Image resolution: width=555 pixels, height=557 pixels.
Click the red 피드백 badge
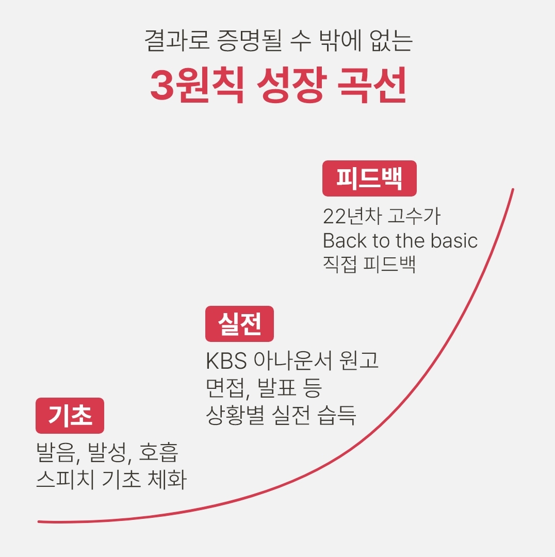[x=369, y=178]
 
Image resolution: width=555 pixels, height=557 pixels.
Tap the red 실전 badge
[x=239, y=323]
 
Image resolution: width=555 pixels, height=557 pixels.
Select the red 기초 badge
[x=70, y=416]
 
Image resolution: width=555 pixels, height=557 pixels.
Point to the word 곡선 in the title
[x=372, y=85]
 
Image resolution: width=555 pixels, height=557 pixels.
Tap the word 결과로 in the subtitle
[x=176, y=40]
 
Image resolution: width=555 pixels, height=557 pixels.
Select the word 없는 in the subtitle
[x=391, y=40]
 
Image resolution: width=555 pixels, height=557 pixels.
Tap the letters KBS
[x=226, y=361]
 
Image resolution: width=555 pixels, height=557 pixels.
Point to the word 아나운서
[x=293, y=361]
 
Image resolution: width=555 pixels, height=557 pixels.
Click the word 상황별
[x=235, y=415]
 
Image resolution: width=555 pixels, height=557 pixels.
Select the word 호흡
[x=158, y=452]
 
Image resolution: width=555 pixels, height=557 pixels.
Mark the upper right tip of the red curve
[x=513, y=189]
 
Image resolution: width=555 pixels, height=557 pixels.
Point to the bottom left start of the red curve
[x=39, y=522]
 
